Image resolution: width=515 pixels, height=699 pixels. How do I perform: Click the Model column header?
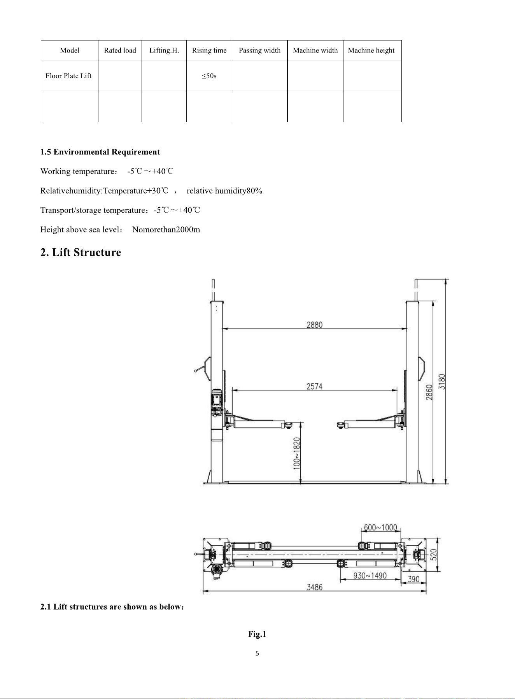[x=70, y=50]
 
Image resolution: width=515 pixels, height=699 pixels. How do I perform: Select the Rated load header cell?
[x=120, y=50]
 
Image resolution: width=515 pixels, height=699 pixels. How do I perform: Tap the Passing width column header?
[x=260, y=50]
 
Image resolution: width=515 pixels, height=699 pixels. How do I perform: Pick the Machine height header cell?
[x=371, y=50]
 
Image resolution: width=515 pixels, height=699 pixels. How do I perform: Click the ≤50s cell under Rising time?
[x=209, y=76]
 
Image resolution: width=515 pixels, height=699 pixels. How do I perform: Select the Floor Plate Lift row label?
[x=68, y=76]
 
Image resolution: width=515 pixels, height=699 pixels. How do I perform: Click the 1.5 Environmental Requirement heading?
[x=100, y=152]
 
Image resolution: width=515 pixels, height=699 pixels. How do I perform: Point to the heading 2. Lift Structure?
[x=81, y=253]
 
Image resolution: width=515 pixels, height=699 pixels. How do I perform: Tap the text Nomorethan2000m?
[x=166, y=230]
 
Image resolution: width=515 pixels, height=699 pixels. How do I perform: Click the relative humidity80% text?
[x=224, y=191]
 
